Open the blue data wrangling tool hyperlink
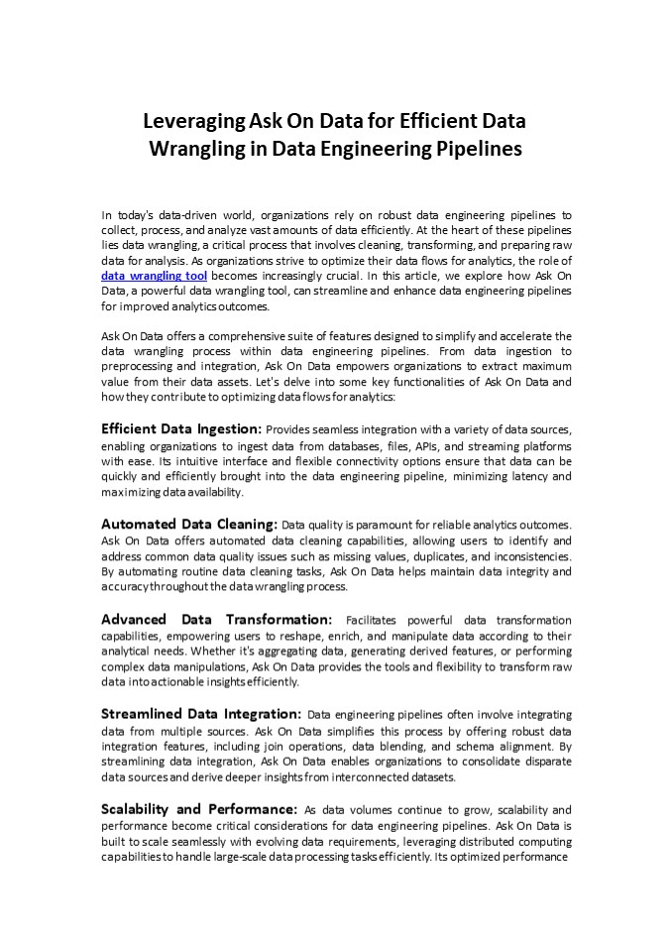point(154,275)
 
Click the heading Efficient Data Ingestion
point(181,428)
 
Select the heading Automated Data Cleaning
point(189,524)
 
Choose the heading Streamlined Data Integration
point(201,714)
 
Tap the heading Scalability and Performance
point(198,809)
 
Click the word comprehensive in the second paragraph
point(225,336)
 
